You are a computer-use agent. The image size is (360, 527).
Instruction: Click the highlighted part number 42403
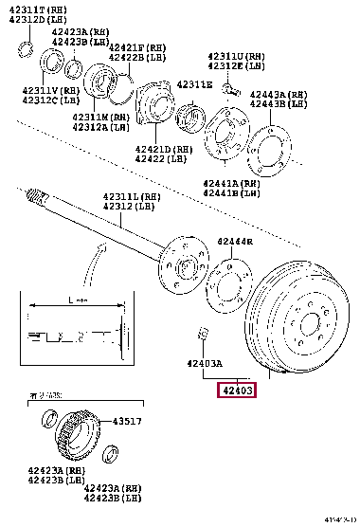point(239,390)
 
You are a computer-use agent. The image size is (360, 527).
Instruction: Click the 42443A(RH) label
point(279,94)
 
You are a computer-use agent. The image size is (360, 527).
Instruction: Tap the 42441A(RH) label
point(230,182)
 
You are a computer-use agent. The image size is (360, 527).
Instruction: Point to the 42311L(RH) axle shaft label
point(131,197)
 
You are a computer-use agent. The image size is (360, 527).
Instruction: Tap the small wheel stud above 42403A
point(201,332)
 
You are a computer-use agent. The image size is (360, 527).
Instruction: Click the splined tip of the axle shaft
point(37,197)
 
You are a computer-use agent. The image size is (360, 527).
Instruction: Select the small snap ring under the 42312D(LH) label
point(29,47)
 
